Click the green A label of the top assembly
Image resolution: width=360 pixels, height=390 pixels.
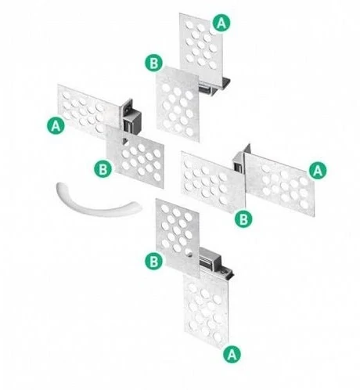[221, 23]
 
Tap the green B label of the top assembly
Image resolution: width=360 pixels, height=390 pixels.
[154, 63]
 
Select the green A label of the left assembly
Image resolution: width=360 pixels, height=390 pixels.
[56, 125]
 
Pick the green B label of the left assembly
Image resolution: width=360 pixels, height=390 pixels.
[103, 169]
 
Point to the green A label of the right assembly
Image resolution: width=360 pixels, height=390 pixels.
[318, 170]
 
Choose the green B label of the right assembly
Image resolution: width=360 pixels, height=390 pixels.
[243, 218]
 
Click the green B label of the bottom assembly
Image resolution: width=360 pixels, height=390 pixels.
[154, 261]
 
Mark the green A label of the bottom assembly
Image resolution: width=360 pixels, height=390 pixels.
[232, 354]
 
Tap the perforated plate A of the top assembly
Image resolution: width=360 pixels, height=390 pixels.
[201, 46]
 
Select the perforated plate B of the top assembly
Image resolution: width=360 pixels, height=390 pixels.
[178, 104]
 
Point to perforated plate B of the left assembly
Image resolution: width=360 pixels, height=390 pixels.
[135, 157]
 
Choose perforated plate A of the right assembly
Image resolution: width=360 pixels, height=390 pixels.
[279, 184]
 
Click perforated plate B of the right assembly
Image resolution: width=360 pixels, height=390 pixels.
[213, 182]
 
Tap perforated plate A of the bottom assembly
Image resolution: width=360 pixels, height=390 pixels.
[206, 311]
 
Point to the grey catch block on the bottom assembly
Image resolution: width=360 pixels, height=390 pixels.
[211, 260]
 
